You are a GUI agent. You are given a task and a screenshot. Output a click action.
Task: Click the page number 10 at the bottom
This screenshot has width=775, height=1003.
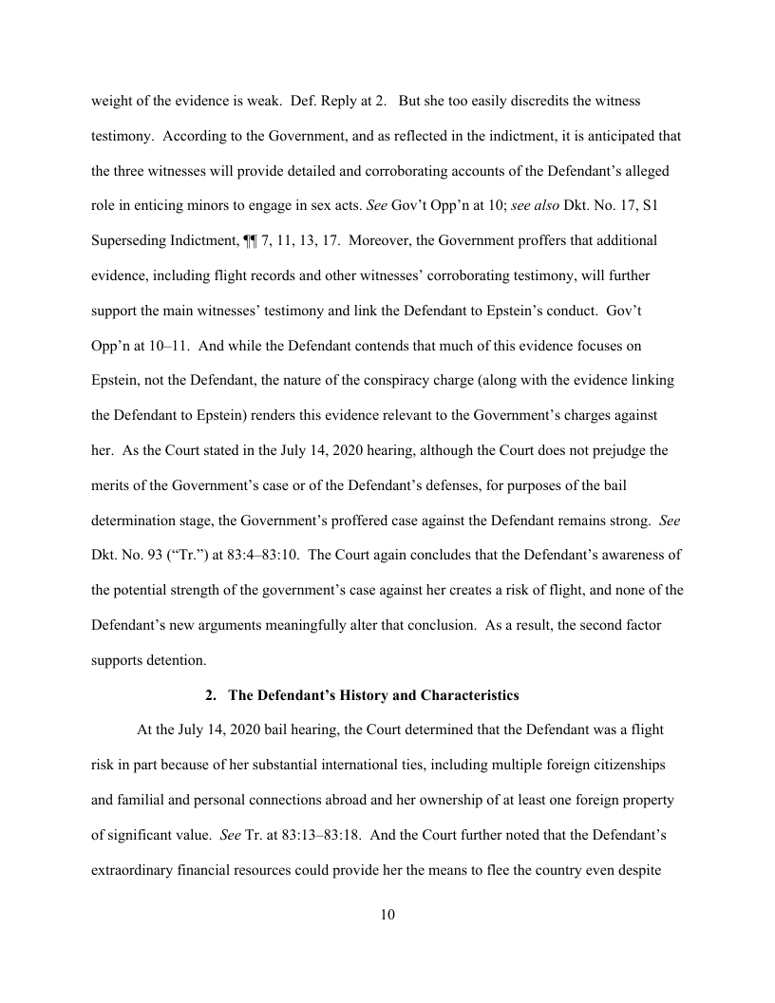[387, 915]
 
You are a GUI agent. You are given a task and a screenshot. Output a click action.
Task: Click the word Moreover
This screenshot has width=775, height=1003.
[374, 240]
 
